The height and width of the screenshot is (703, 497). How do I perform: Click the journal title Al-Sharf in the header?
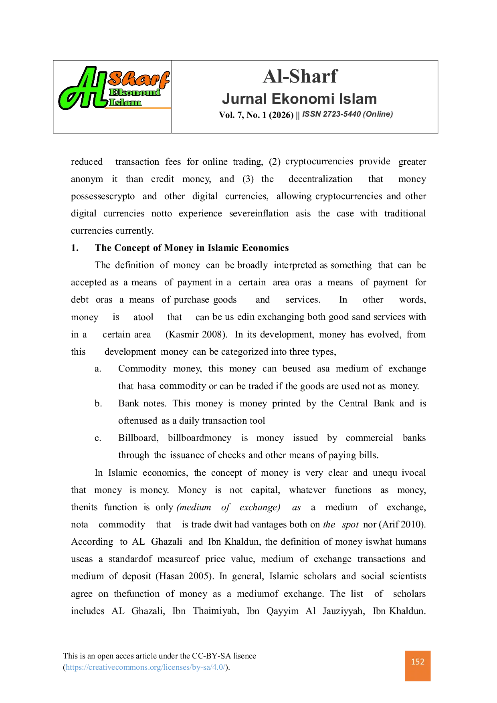point(300,76)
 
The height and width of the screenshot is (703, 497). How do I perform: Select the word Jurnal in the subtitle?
point(244,99)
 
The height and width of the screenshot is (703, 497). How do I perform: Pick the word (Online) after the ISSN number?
point(378,114)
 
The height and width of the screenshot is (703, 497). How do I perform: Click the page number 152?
point(418,662)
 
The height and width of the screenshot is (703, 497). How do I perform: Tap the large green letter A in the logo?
point(78,90)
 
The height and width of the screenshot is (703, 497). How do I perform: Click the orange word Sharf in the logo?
point(138,79)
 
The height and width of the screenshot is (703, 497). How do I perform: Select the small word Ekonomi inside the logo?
point(135,93)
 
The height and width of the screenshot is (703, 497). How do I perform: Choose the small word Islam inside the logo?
point(125,102)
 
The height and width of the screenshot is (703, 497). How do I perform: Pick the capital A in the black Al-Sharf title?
point(270,76)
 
